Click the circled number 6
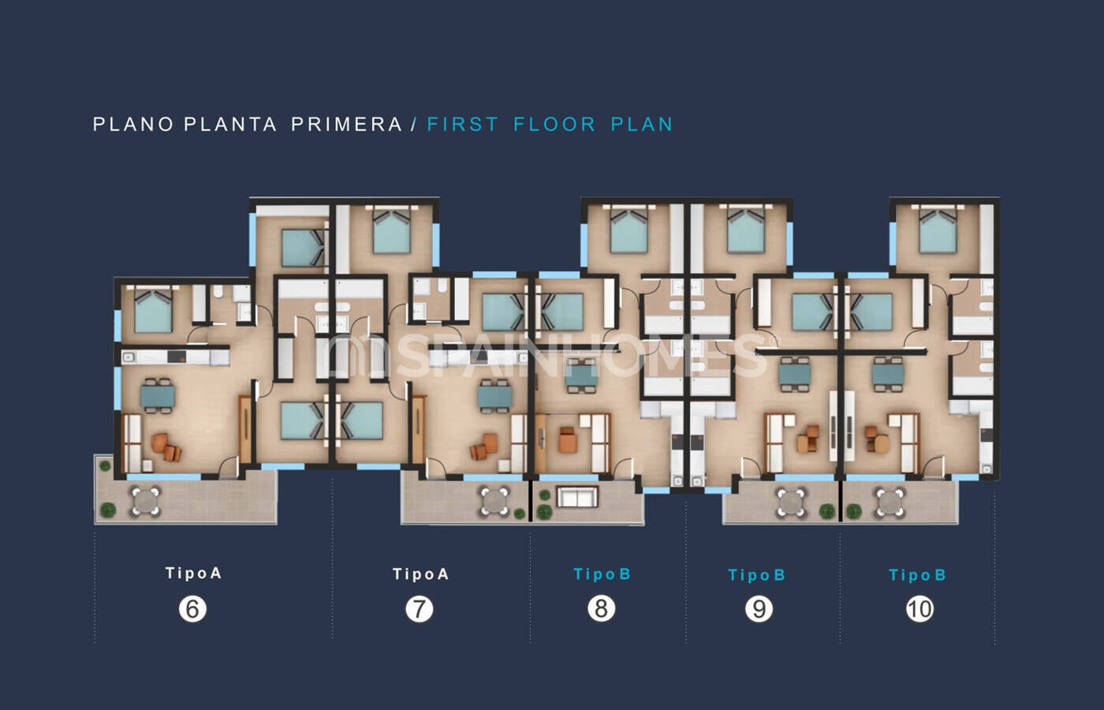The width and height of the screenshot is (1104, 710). click(192, 609)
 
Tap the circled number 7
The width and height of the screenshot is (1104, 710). click(419, 609)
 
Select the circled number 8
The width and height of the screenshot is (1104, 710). click(601, 608)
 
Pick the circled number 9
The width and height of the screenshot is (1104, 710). click(759, 609)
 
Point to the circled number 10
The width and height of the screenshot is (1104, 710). click(919, 609)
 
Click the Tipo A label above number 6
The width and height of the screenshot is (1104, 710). click(193, 573)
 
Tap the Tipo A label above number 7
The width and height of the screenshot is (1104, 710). click(420, 574)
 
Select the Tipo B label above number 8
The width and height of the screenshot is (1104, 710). click(602, 574)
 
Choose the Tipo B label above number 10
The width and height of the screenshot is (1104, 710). click(917, 575)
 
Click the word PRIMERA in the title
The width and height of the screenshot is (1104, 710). click(347, 125)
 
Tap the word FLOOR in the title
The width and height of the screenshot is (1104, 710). click(554, 125)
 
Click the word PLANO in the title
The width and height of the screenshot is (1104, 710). click(133, 125)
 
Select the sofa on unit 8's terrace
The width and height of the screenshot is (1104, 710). click(577, 496)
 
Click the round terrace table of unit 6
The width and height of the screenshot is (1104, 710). click(145, 502)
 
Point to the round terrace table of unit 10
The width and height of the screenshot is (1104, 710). click(890, 503)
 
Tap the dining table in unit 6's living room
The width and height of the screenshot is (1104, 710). click(157, 396)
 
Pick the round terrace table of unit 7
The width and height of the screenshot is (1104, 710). click(494, 502)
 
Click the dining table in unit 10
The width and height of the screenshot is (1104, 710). click(888, 374)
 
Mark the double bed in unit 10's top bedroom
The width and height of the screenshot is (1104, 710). click(938, 230)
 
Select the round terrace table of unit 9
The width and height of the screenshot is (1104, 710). click(790, 503)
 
